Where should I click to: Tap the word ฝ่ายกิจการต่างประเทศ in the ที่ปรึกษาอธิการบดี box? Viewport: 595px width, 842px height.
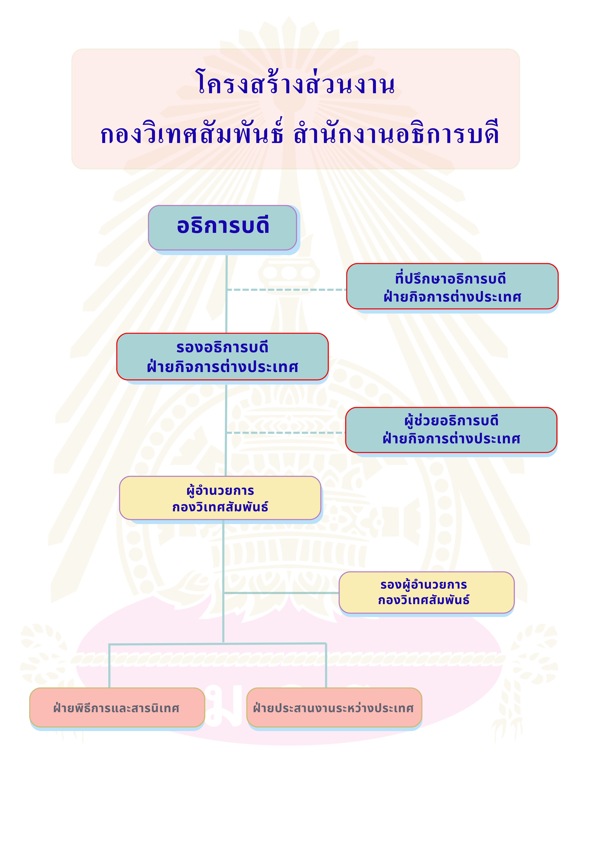click(x=452, y=297)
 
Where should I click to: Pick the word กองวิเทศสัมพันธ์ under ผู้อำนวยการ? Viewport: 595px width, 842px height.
click(x=220, y=507)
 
